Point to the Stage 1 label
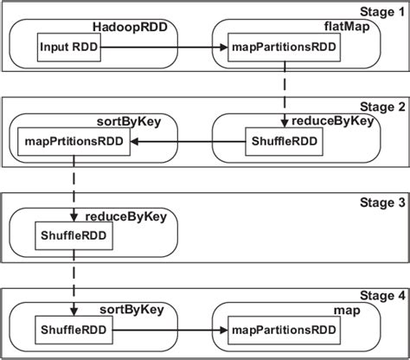[381, 11]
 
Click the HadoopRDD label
[129, 27]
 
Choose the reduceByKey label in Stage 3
[120, 215]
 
